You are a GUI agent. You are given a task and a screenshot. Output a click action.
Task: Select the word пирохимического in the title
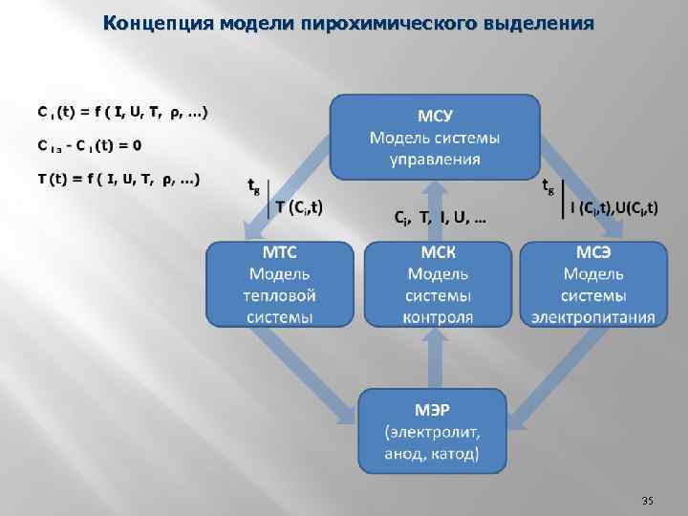(396, 22)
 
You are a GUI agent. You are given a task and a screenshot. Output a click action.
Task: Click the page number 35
(647, 501)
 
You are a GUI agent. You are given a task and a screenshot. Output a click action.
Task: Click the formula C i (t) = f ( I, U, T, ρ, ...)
(121, 112)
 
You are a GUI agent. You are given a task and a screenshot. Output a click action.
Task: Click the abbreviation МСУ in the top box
(436, 117)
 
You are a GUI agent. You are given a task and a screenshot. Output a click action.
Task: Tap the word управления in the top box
(436, 159)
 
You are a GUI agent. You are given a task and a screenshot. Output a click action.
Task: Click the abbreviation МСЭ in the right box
(593, 254)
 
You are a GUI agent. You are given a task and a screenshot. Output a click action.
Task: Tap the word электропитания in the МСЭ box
(593, 317)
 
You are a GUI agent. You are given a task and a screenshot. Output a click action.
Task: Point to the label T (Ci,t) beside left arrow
(298, 205)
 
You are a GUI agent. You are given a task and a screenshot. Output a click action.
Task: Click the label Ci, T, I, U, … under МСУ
(440, 219)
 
